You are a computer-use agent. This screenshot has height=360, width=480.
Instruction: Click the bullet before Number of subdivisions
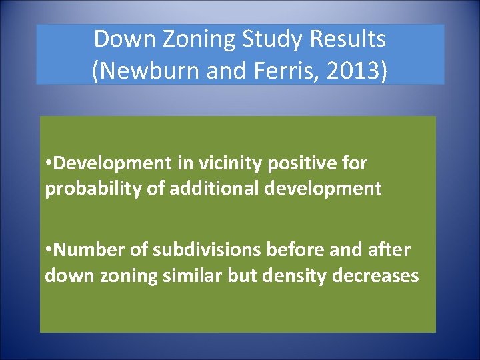coord(48,251)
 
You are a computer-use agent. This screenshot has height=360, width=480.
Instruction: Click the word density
coord(295,275)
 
